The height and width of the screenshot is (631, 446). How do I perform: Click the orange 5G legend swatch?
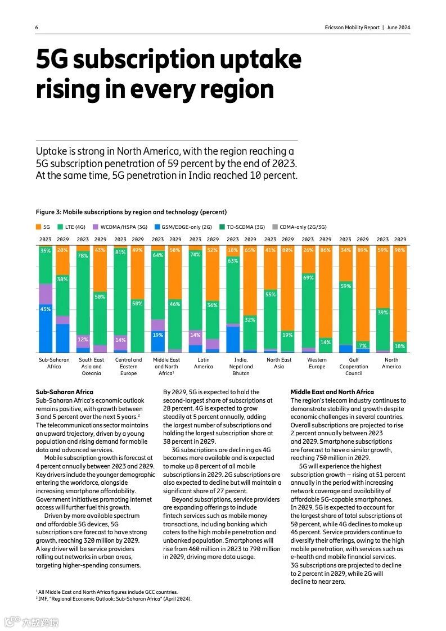[x=38, y=227]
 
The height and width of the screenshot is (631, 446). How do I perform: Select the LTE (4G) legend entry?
[x=73, y=227]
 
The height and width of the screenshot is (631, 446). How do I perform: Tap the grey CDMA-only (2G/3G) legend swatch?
[x=274, y=227]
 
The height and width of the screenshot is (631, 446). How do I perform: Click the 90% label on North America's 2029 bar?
[x=400, y=250]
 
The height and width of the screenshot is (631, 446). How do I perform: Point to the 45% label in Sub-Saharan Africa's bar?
[x=46, y=309]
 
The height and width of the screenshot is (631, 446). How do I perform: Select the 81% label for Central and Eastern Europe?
[x=120, y=253]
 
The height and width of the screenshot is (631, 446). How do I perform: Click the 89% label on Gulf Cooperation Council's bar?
[x=363, y=250]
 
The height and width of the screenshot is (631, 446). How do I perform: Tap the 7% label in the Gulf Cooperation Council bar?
[x=363, y=345]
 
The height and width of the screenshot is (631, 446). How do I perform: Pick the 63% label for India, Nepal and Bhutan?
[x=233, y=260]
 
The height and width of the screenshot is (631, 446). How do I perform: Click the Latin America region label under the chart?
[x=204, y=363]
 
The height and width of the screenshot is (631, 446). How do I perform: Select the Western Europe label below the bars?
[x=317, y=363]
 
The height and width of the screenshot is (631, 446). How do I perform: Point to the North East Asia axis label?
[x=279, y=363]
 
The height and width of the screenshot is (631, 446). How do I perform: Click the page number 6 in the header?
[x=37, y=28]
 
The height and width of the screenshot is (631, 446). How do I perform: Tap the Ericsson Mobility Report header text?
[x=352, y=28]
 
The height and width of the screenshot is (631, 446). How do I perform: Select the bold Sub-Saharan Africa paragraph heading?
[x=64, y=392]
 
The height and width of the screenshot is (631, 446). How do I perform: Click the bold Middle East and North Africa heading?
[x=332, y=392]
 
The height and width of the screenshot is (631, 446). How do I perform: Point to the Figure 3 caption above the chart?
[x=131, y=212]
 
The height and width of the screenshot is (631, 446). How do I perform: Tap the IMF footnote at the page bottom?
[x=113, y=599]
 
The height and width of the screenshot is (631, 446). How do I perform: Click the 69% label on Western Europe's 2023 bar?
[x=308, y=277]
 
